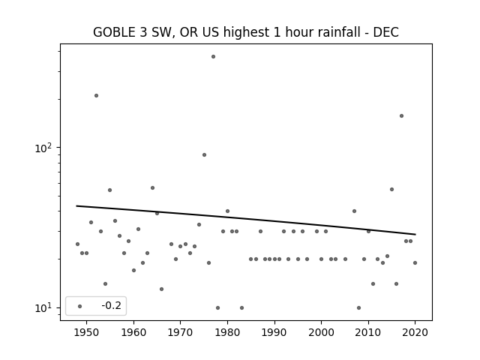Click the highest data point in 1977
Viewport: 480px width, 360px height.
213,57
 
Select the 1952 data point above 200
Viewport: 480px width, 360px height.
96,95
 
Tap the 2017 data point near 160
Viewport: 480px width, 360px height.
401,115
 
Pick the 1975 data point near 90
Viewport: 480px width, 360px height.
204,155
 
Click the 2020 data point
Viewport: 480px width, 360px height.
415,262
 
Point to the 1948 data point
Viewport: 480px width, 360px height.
77,244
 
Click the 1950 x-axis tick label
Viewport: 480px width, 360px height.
86,332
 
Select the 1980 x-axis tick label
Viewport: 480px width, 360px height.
227,332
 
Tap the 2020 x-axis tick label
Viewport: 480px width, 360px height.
415,332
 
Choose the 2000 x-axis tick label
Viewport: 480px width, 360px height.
321,332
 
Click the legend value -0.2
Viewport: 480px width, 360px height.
112,305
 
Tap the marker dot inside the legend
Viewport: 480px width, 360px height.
80,306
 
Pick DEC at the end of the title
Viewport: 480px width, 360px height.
385,32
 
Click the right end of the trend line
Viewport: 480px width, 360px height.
415,235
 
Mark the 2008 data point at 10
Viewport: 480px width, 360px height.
358,307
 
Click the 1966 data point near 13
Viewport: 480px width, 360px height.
162,289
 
